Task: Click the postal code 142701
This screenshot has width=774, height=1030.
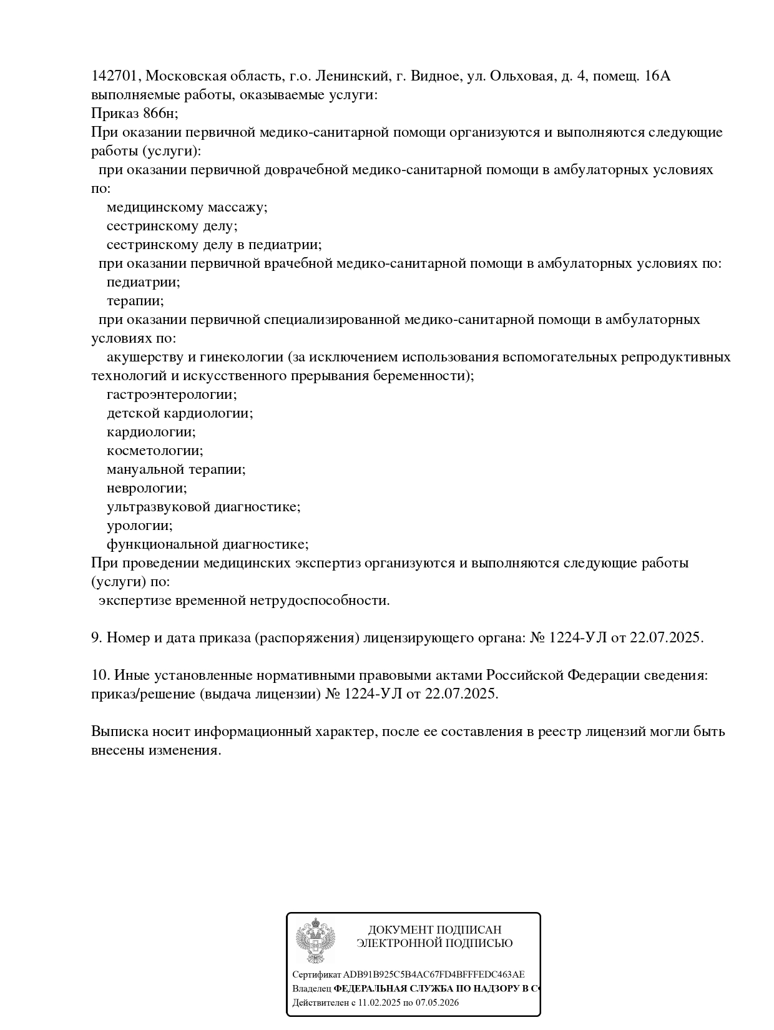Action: (x=116, y=76)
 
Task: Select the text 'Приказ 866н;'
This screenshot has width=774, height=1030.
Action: (x=134, y=114)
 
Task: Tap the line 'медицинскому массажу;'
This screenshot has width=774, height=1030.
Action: (x=187, y=207)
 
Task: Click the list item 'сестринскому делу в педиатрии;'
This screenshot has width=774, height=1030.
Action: (x=213, y=245)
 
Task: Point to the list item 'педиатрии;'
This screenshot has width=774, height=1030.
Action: (x=143, y=282)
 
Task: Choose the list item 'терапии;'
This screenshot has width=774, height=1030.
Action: (x=135, y=301)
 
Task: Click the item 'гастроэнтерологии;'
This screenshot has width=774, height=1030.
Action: (x=172, y=395)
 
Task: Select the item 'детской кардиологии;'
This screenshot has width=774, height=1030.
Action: (x=180, y=413)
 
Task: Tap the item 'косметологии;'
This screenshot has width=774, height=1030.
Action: (x=155, y=451)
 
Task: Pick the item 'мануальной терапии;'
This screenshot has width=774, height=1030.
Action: (x=176, y=469)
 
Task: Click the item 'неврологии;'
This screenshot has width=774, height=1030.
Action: (x=147, y=488)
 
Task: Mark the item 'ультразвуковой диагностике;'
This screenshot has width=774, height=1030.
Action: (x=203, y=507)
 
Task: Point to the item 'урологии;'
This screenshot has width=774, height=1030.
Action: (x=140, y=526)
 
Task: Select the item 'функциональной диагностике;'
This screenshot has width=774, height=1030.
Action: (x=207, y=544)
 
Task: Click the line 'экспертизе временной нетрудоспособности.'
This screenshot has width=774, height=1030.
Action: (x=244, y=601)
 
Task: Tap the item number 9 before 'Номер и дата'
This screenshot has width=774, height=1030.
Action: (x=96, y=638)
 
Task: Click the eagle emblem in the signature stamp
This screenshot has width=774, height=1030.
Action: (x=315, y=942)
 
